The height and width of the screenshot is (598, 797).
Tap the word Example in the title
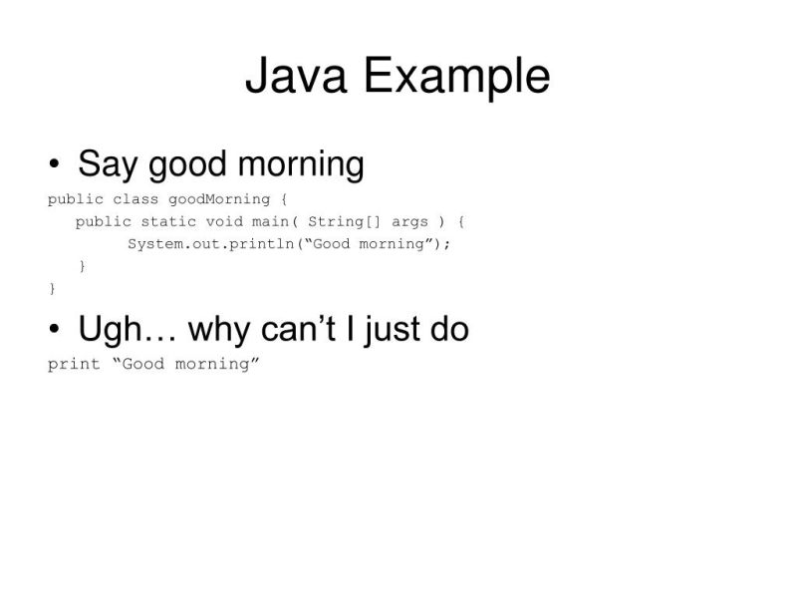point(455,79)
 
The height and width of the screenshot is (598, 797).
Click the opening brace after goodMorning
point(284,199)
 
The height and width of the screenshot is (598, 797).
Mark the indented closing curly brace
point(82,266)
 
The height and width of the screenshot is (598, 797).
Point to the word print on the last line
point(74,364)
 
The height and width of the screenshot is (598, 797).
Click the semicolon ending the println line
point(447,244)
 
